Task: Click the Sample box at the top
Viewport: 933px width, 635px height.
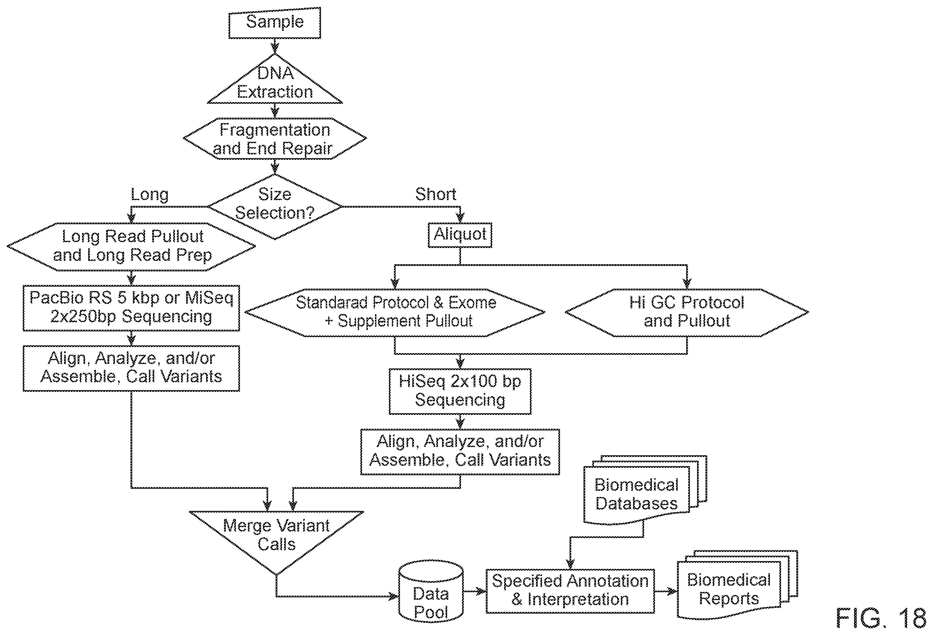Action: coord(275,22)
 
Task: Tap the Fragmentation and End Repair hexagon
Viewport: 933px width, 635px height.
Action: coord(275,139)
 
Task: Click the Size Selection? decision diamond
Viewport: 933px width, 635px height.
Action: coord(275,207)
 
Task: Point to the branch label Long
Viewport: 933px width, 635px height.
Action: coord(150,195)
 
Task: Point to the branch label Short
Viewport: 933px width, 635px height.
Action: coord(436,194)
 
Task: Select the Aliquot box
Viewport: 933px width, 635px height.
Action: coord(460,235)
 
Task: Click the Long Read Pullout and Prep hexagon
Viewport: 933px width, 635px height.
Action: coord(131,247)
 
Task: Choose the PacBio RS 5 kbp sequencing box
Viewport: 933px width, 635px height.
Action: coord(131,308)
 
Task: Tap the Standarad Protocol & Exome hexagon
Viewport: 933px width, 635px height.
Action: coord(395,312)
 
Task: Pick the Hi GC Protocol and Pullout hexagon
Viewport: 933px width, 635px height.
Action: coord(687,312)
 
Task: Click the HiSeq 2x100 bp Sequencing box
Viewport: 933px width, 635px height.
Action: coord(460,391)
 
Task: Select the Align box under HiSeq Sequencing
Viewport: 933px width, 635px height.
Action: coord(460,452)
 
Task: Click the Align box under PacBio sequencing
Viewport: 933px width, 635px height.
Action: coord(131,368)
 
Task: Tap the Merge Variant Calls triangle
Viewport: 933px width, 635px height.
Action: coord(277,536)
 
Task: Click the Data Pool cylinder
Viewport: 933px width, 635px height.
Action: coord(431,593)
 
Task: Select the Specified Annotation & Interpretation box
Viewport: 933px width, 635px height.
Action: coord(570,591)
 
